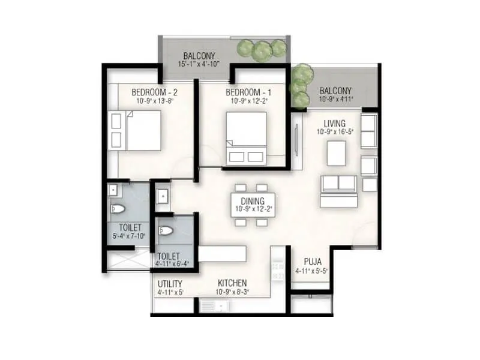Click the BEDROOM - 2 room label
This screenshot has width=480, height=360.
coord(154,92)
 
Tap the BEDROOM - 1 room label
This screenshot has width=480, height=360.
coord(248,92)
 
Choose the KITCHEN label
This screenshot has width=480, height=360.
coord(232,284)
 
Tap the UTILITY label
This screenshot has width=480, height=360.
coord(170,284)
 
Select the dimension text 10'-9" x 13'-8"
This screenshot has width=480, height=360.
coord(154,101)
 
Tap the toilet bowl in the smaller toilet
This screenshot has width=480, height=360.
coord(166,232)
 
